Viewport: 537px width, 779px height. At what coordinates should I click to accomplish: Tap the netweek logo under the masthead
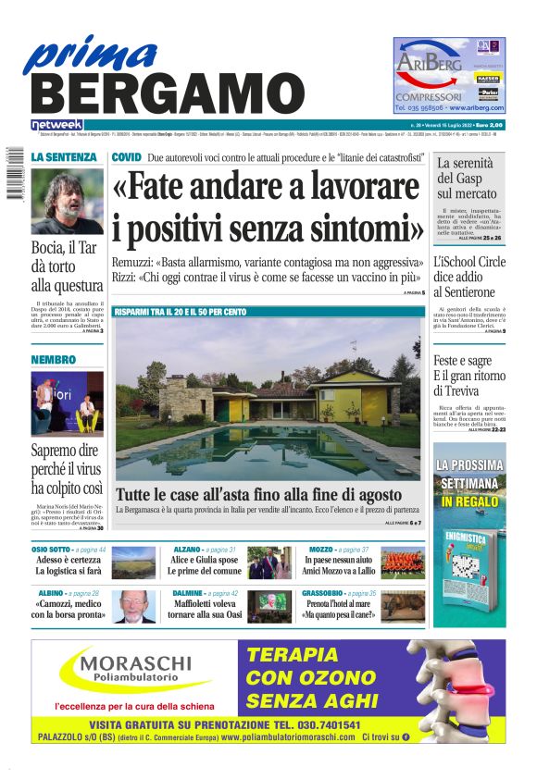tap(57, 124)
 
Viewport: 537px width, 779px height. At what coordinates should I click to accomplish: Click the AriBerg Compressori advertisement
tap(449, 75)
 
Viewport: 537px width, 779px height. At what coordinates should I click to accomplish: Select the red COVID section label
tap(126, 158)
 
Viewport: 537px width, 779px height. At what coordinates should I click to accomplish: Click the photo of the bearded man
tap(67, 201)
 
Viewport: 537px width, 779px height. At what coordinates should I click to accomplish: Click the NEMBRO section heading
tap(53, 359)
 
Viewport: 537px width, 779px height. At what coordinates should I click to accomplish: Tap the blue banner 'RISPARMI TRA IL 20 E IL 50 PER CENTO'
tap(181, 312)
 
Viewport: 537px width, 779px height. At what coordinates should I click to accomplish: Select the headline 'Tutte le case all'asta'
tap(259, 494)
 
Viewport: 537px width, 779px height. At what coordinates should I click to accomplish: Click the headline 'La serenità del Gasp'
tap(469, 179)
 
